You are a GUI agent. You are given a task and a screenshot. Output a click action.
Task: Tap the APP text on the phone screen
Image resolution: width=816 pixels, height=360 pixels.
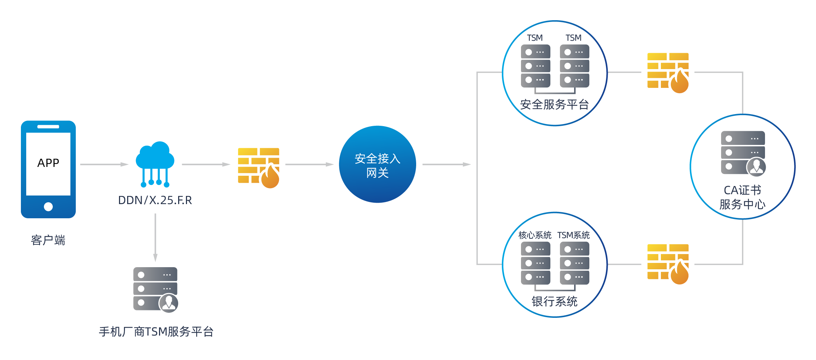[x=48, y=163]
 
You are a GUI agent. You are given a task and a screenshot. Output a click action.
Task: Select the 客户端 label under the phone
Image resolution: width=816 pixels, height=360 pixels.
[x=48, y=240]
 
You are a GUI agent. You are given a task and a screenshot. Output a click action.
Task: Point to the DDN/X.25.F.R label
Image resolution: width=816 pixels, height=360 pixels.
[x=155, y=200]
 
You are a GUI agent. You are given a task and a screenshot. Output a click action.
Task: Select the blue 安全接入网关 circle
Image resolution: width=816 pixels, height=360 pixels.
[x=377, y=164]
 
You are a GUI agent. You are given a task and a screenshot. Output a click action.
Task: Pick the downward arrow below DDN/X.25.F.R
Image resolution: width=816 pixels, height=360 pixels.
[x=155, y=237]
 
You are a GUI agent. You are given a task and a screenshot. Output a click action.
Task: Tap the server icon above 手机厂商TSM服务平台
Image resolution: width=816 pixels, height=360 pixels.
[x=155, y=289]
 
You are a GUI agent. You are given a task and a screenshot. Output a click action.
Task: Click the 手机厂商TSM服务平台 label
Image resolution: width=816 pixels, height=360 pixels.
[x=156, y=332]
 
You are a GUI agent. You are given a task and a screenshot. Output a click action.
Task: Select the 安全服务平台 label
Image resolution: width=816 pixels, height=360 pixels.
[x=554, y=105]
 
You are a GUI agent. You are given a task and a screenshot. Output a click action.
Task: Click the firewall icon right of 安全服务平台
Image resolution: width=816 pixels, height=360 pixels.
[x=668, y=73]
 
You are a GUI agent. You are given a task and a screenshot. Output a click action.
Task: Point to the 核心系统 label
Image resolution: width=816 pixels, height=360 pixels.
[x=535, y=235]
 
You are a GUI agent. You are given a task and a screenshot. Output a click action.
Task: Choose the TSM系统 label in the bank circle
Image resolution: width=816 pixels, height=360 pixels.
[x=573, y=235]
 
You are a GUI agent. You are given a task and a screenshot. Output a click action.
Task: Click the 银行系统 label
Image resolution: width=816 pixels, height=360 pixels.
[x=554, y=302]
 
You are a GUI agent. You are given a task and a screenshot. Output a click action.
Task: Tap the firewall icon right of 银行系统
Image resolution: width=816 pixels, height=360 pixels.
[x=668, y=264]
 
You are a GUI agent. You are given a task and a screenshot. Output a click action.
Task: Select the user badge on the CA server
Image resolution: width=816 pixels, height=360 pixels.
[x=756, y=167]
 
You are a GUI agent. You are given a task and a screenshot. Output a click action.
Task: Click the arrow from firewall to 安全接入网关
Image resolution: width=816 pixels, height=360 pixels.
[x=309, y=164]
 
